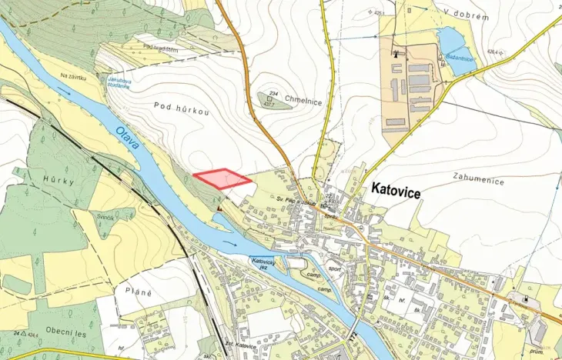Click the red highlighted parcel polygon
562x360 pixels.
(222, 179)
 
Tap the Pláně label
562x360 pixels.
(139, 292)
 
